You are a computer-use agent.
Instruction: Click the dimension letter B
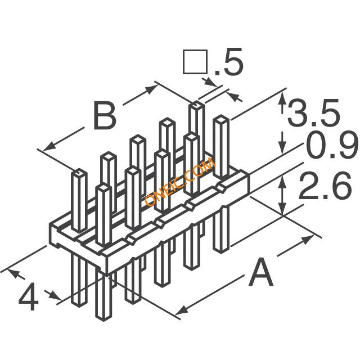[104, 116]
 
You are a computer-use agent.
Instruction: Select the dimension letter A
[260, 274]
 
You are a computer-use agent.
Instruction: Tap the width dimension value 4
[29, 298]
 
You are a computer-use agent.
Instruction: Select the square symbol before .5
[192, 63]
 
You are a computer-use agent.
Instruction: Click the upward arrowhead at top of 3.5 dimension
[282, 96]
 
